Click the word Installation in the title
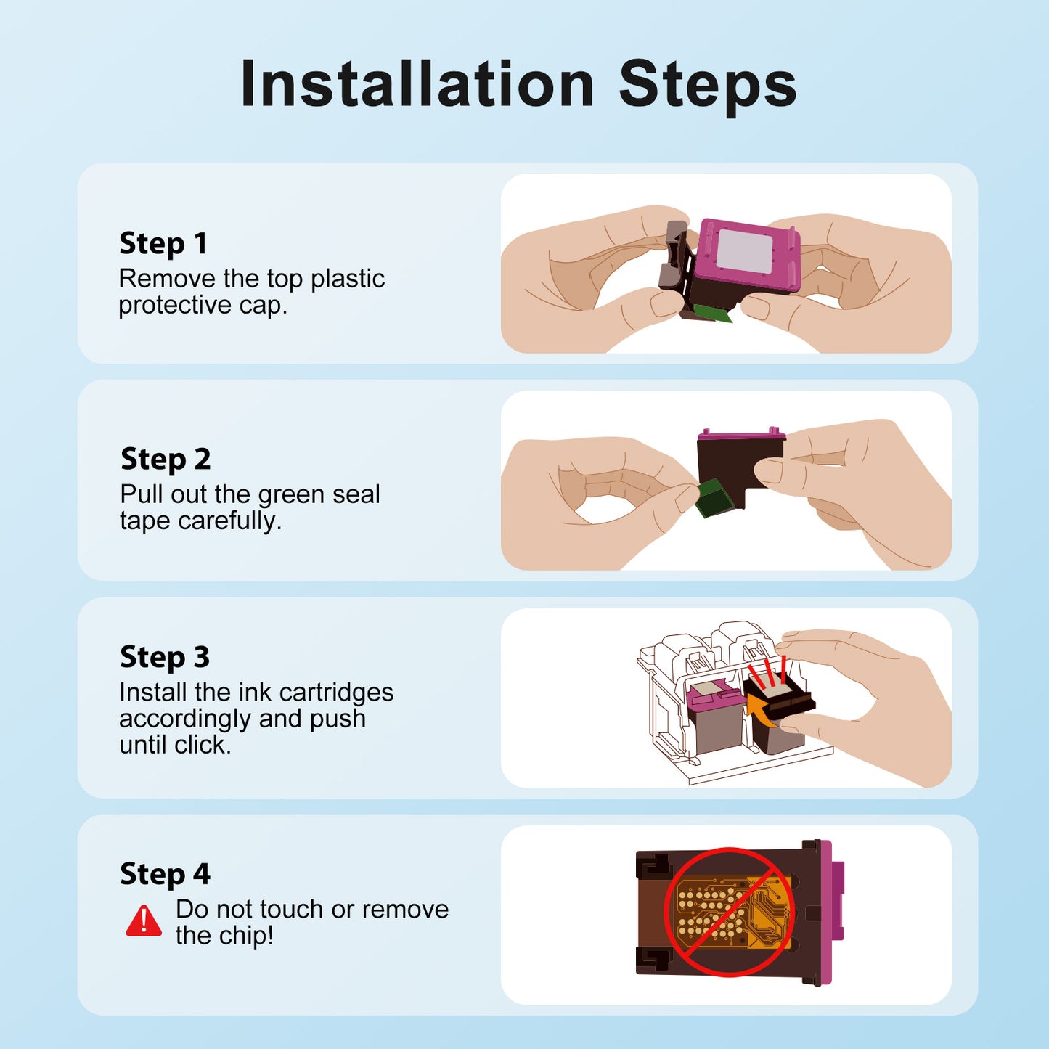pyautogui.click(x=417, y=84)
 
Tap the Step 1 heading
pyautogui.click(x=163, y=242)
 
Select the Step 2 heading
pyautogui.click(x=166, y=459)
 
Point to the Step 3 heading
pyautogui.click(x=165, y=656)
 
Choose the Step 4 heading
pyautogui.click(x=165, y=873)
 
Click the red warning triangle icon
pyautogui.click(x=144, y=920)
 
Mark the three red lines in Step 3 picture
pyautogui.click(x=767, y=669)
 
